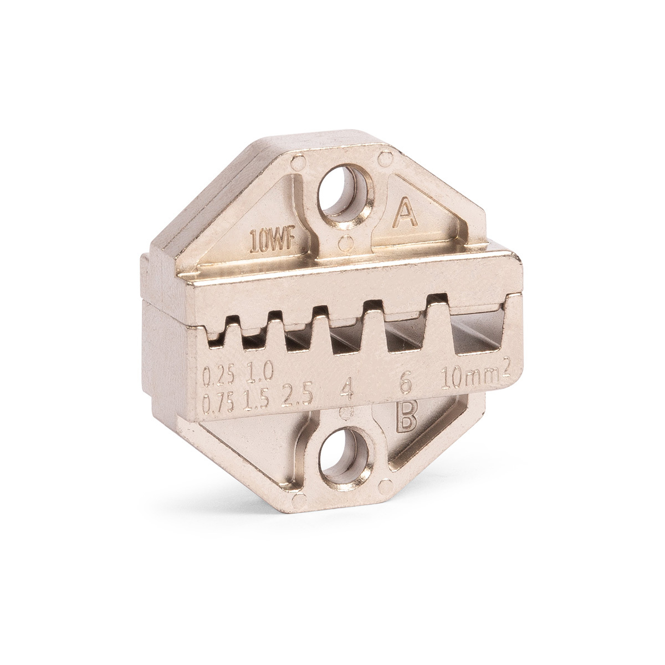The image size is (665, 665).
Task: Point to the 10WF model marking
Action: coord(272,243)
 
